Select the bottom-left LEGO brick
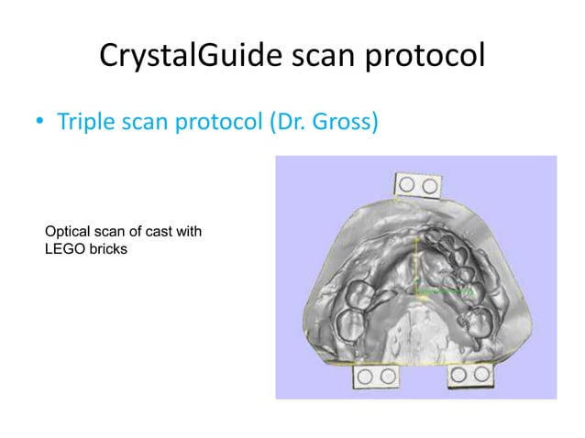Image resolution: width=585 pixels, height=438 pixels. [376, 376]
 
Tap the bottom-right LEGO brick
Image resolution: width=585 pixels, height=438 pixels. [469, 376]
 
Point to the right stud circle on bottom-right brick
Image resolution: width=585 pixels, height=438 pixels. [480, 376]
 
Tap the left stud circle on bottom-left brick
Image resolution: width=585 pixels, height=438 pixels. [367, 376]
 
